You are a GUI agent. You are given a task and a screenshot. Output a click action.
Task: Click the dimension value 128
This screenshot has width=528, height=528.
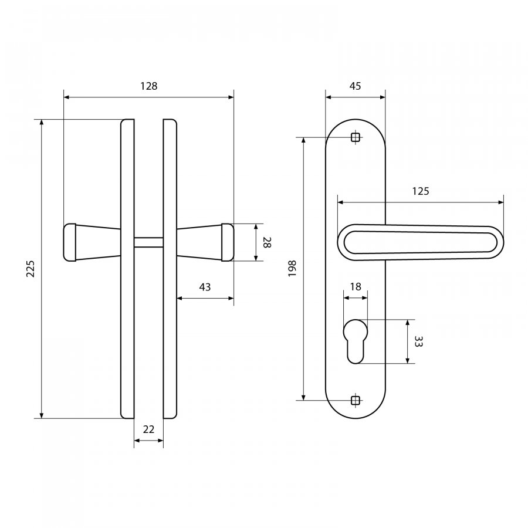[149, 86]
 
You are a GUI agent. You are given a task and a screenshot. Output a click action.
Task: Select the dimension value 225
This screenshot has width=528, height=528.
[31, 268]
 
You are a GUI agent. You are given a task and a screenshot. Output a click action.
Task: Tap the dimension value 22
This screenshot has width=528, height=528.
[148, 429]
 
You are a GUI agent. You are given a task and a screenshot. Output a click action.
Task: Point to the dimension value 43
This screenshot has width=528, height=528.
[205, 287]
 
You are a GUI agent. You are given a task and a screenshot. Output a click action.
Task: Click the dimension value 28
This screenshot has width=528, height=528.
[267, 242]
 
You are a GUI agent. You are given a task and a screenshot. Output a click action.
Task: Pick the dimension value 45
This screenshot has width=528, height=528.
[355, 86]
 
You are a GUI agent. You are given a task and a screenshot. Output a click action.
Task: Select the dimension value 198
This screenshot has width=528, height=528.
[292, 268]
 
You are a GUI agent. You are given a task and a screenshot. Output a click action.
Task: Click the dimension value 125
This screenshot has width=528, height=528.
[421, 191]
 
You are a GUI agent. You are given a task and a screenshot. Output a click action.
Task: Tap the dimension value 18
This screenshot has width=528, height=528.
[356, 286]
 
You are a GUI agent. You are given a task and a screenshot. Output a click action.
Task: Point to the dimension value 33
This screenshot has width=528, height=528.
[418, 341]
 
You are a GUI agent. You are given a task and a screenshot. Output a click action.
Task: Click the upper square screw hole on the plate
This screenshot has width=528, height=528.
[356, 137]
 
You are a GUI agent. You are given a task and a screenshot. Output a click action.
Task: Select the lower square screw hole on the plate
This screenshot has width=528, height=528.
[356, 400]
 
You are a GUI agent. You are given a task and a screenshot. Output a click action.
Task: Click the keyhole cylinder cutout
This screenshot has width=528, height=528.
[356, 341]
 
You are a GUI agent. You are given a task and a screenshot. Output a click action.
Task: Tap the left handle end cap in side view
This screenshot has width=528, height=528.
[70, 242]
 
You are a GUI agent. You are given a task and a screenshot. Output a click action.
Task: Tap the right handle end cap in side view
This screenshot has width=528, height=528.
[227, 242]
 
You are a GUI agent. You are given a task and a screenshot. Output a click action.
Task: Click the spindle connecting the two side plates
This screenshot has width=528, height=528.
[148, 242]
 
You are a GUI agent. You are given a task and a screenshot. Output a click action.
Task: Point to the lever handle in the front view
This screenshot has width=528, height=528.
[421, 242]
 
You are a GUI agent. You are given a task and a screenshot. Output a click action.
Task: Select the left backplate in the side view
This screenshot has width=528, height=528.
[128, 269]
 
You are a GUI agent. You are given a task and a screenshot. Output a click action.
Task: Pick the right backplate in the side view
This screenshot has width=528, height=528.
[170, 269]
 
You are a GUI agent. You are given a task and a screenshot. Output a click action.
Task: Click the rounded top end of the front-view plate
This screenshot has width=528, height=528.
[356, 119]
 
